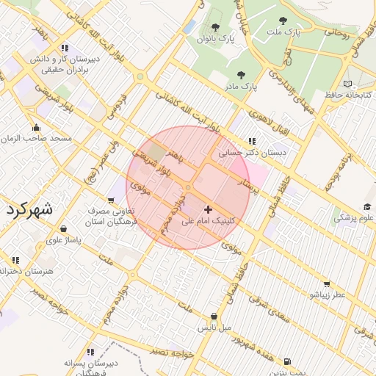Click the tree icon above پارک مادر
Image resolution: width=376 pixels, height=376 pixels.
pos(240,74)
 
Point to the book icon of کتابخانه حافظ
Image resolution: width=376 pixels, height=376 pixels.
pos(347,84)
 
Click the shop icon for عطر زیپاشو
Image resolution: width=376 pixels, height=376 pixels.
pos(327,283)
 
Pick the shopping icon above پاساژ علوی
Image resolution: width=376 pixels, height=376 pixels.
pos(64,228)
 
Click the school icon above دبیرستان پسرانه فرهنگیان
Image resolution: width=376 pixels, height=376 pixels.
pos(90,352)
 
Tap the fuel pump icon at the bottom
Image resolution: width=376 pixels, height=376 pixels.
pos(286,361)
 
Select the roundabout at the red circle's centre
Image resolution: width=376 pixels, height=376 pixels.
pos(188,188)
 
